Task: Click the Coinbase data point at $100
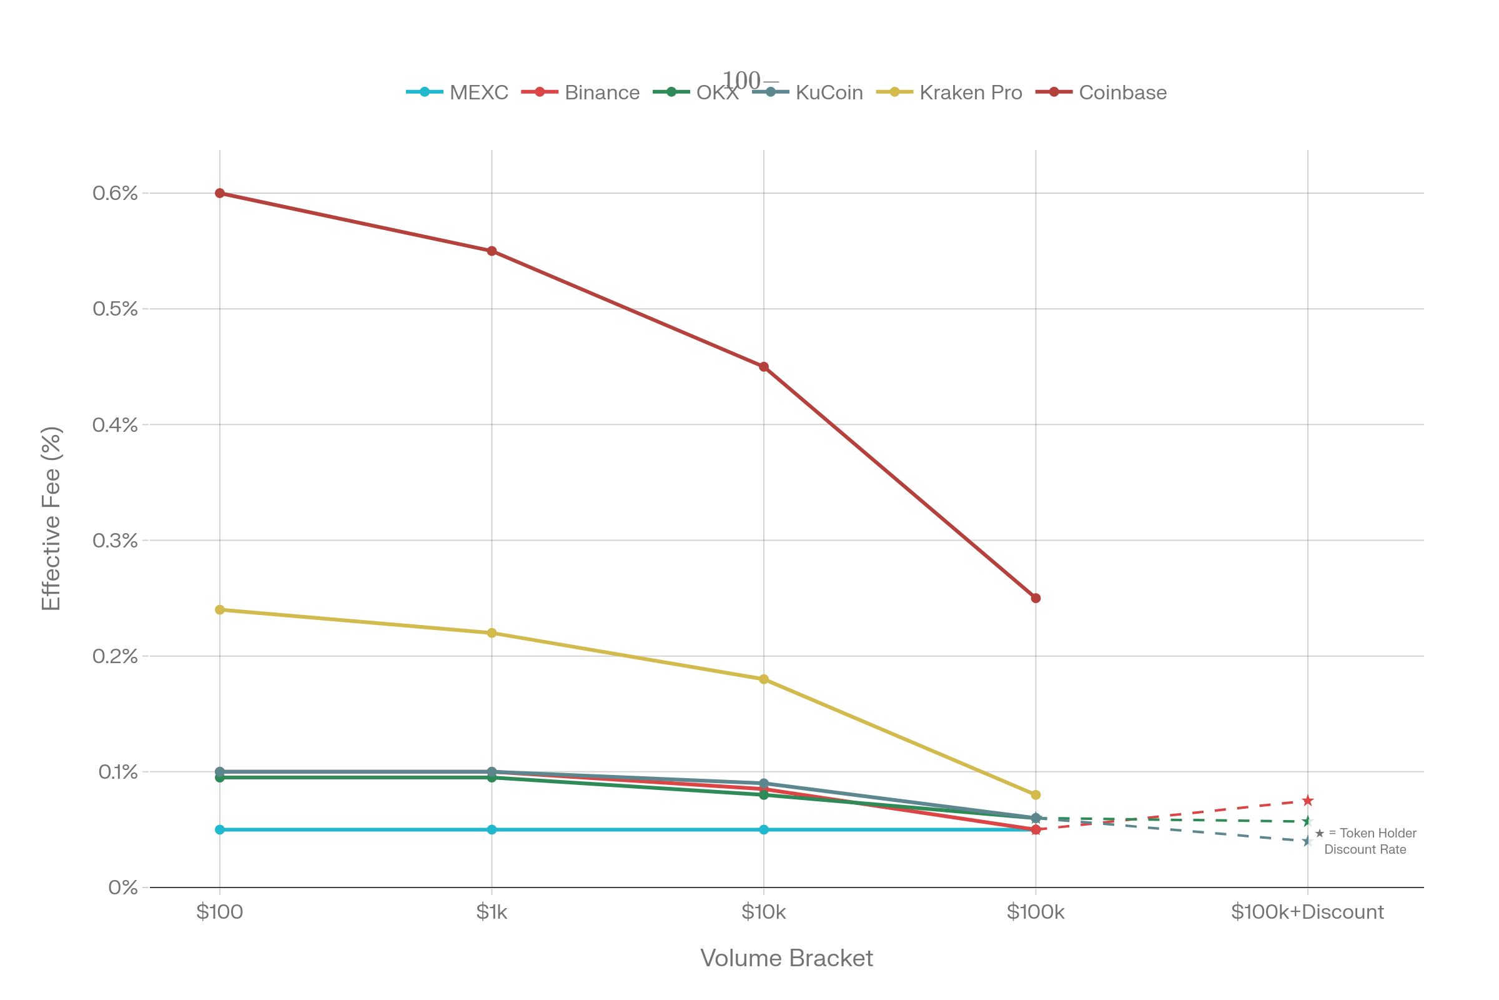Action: (x=220, y=193)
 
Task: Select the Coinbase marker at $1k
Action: (x=492, y=251)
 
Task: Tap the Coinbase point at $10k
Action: (x=763, y=367)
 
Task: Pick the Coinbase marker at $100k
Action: (x=1036, y=598)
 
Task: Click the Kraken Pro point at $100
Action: (x=220, y=611)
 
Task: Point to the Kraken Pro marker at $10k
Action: (x=763, y=679)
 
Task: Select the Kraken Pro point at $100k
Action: (x=1036, y=795)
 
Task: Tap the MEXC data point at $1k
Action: (x=492, y=830)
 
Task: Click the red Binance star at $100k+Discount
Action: (x=1308, y=801)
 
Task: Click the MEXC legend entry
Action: (x=478, y=93)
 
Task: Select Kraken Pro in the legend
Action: (x=970, y=93)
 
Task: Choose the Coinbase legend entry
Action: (x=1122, y=93)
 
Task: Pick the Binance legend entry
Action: (x=601, y=93)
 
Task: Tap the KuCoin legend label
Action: (x=829, y=93)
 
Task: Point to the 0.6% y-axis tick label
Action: (x=116, y=193)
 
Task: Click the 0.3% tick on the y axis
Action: (x=116, y=541)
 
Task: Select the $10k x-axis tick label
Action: (x=763, y=912)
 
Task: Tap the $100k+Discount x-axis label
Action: (x=1308, y=912)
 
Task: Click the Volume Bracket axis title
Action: (x=786, y=959)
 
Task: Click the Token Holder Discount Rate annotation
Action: (x=1365, y=841)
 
